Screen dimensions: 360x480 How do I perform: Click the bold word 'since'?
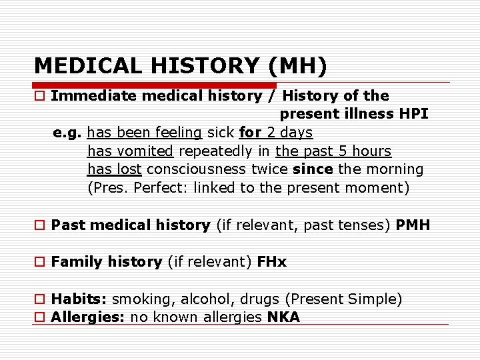point(313,169)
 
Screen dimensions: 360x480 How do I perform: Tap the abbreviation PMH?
point(413,225)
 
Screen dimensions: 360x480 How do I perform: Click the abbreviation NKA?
point(283,317)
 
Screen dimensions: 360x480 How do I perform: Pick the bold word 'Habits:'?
point(79,299)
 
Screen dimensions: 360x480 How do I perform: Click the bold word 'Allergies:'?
point(88,317)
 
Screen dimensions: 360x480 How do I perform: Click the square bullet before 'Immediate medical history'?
point(41,96)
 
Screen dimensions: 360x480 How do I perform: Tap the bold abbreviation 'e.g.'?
point(67,132)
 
